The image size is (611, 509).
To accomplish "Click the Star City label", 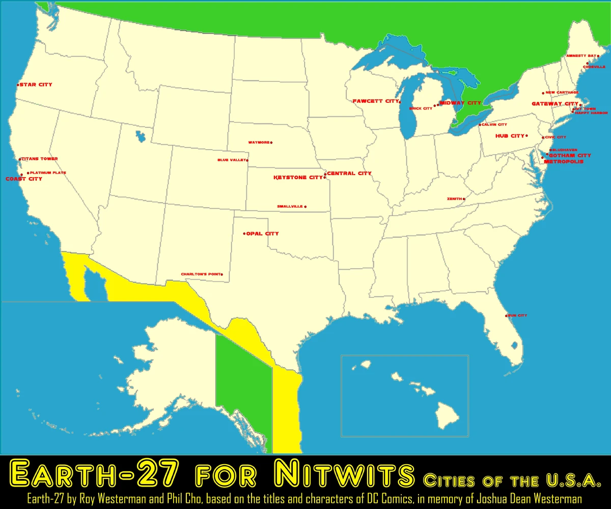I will [x=36, y=84].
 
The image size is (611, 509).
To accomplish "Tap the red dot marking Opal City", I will [x=244, y=234].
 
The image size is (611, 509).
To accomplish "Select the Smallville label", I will [x=290, y=206].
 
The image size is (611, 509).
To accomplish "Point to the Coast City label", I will [x=23, y=179].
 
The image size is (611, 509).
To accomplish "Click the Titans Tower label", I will [x=40, y=159].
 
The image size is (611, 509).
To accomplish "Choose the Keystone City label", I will [x=298, y=178].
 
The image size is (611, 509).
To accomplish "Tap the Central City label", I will [x=349, y=174].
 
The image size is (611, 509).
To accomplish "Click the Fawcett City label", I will [x=375, y=101].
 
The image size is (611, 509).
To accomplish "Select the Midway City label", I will [x=460, y=103].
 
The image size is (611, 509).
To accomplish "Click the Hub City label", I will [x=510, y=136].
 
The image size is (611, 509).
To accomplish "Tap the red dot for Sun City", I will [x=506, y=316].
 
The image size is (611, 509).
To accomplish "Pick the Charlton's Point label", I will [x=201, y=274].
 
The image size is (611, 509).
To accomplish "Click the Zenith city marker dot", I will [x=464, y=199].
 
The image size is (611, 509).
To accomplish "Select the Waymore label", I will [x=259, y=143].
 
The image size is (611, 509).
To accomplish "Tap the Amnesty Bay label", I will [x=580, y=55].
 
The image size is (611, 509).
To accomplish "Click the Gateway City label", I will [x=555, y=104].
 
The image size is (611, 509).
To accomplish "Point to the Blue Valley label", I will [x=231, y=160].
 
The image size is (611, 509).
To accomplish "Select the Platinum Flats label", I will [x=48, y=173].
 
